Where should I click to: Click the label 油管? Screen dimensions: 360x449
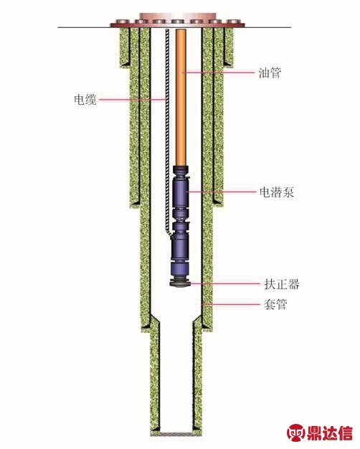click(270, 72)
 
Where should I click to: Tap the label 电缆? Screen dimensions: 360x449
click(85, 100)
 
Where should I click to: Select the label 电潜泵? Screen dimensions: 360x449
click(277, 192)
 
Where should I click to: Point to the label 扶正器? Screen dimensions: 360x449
click(282, 284)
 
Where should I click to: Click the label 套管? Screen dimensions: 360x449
click(275, 304)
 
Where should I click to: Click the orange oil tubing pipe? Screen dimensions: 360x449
click(181, 98)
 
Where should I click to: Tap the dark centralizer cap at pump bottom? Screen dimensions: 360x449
click(180, 283)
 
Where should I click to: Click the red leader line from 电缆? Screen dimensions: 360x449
click(131, 100)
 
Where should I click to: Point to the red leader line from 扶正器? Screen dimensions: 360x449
click(226, 284)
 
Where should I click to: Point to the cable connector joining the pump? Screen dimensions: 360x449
click(171, 237)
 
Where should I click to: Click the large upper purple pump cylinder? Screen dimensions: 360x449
click(181, 192)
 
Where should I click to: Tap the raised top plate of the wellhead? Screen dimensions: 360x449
click(178, 16)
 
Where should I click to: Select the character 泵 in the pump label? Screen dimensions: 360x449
click(288, 192)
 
